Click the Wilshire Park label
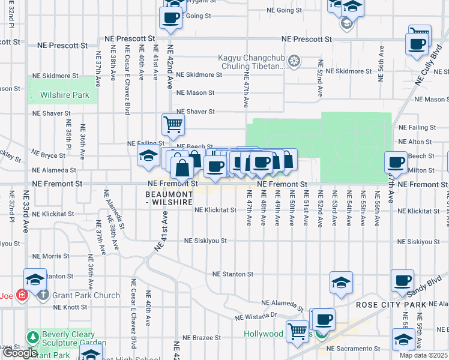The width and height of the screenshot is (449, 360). click(x=64, y=95)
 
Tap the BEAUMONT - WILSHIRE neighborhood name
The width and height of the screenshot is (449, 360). click(x=170, y=199)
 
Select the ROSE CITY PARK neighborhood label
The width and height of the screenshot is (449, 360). click(x=391, y=305)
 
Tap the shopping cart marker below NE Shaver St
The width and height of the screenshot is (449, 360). click(x=172, y=124)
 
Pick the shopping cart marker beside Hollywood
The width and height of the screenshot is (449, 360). click(x=297, y=331)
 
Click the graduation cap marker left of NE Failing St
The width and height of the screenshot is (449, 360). click(x=148, y=156)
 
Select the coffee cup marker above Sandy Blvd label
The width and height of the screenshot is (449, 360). click(x=402, y=280)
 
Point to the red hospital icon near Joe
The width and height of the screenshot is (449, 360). click(x=22, y=295)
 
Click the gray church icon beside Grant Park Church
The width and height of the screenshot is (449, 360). click(x=42, y=295)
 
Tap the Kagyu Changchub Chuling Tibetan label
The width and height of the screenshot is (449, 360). click(x=252, y=62)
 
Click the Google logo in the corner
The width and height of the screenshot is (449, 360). click(x=19, y=352)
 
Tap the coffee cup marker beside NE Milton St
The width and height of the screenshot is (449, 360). click(x=396, y=162)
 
